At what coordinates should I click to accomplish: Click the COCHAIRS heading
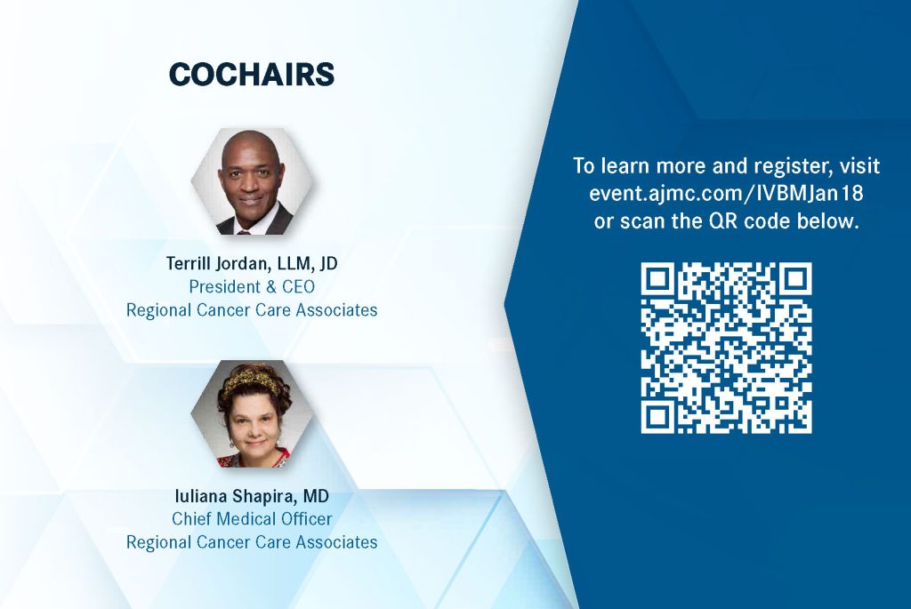pos(252,75)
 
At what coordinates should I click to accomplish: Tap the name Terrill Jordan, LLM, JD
pos(252,263)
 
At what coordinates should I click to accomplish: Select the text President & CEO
pos(252,287)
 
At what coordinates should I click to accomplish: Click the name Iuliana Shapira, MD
pos(252,496)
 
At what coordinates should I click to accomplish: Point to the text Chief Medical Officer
pos(252,519)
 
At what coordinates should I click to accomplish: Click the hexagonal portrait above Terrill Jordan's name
pos(252,181)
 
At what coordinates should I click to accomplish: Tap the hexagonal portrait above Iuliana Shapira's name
pos(252,414)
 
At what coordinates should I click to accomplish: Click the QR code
pos(726,348)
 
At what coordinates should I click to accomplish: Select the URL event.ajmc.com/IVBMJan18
pos(726,193)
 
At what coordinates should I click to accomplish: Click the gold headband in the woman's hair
pos(253,380)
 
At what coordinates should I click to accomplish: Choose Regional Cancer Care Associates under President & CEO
pos(252,310)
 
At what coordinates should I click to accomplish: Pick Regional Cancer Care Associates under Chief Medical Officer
pos(252,542)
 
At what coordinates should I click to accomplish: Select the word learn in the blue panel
pos(625,166)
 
